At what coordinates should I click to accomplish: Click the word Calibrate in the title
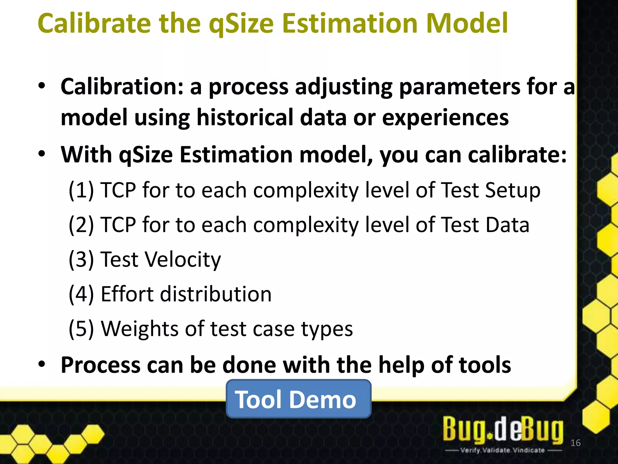[94, 24]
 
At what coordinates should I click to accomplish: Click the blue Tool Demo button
[298, 399]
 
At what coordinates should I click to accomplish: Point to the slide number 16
[575, 443]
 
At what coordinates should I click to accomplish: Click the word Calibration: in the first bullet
[122, 87]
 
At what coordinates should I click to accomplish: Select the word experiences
[445, 118]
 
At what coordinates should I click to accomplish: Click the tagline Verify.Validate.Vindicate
[502, 450]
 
